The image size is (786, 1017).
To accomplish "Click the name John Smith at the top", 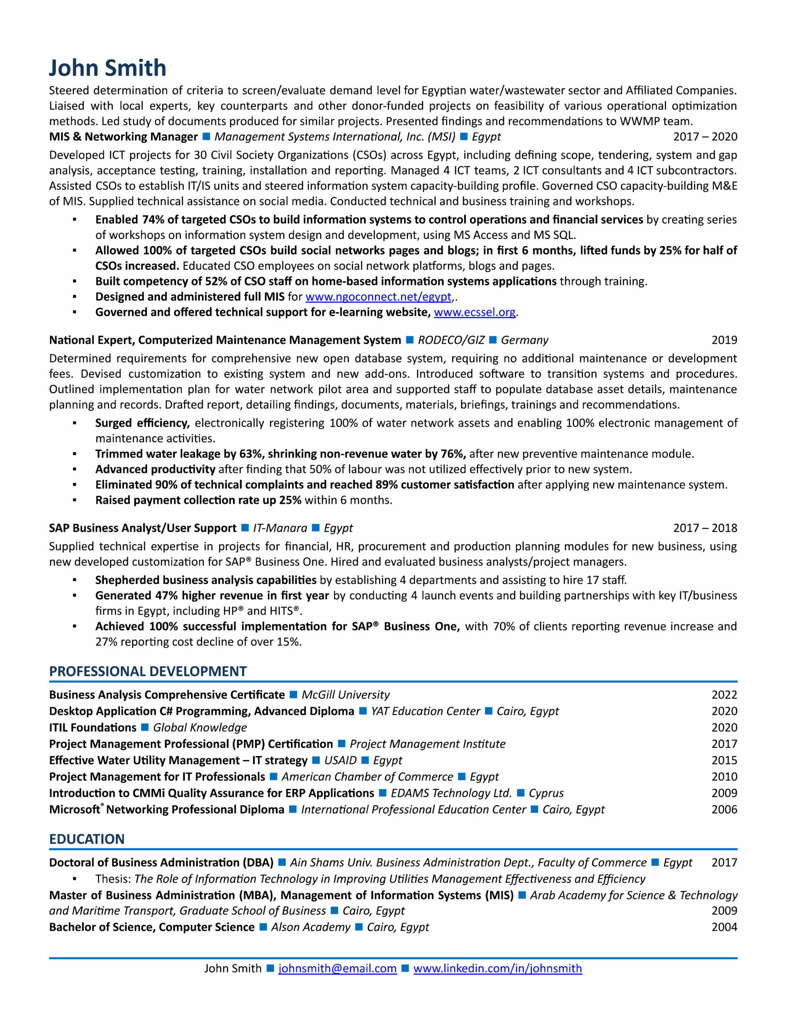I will click(108, 68).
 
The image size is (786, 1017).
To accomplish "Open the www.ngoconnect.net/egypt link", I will click(378, 297).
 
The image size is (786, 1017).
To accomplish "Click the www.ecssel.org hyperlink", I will click(475, 312).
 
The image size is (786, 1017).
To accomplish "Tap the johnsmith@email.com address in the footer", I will click(337, 969).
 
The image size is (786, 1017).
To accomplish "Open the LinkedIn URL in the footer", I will click(498, 969).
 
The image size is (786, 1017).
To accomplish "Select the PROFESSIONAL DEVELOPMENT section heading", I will click(148, 671).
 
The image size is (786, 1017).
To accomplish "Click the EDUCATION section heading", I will click(87, 839).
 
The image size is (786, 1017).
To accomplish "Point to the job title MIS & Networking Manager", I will click(124, 137).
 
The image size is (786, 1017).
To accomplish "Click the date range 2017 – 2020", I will click(705, 137).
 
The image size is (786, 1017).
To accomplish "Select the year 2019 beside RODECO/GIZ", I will click(724, 340).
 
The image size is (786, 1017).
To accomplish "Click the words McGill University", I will click(345, 695).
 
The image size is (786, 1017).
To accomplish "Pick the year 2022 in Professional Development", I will click(724, 695).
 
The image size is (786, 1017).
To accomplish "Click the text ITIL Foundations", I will click(93, 727).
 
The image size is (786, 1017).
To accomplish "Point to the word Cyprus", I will click(546, 793).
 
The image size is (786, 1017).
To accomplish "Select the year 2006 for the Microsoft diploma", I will click(724, 809).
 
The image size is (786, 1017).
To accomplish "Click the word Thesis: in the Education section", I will click(113, 879).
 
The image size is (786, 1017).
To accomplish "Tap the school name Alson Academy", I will click(311, 927).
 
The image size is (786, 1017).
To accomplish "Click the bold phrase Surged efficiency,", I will click(142, 423).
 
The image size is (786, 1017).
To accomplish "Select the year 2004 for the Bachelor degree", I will click(724, 927).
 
